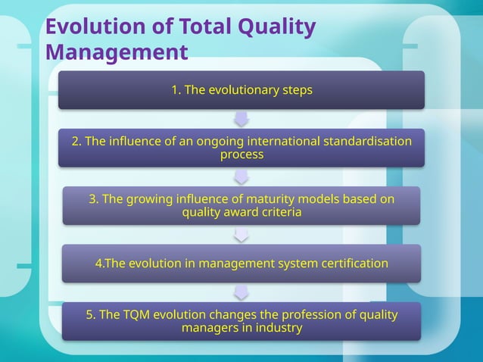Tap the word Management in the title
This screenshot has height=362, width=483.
116,53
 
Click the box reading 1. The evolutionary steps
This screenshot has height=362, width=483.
241,90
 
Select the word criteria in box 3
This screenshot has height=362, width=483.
281,213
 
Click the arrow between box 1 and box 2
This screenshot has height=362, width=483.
241,119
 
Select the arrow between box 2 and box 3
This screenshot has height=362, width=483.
241,176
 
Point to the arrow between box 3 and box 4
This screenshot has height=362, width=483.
241,235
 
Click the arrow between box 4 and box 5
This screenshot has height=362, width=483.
241,292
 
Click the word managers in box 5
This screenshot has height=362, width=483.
208,328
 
